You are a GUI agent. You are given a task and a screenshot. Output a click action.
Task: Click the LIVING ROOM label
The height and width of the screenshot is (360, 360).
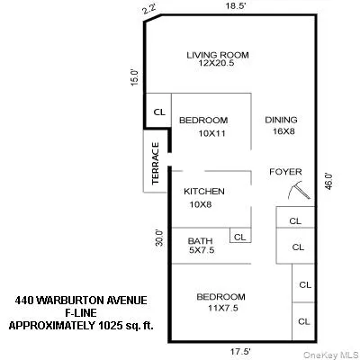[x=217, y=55]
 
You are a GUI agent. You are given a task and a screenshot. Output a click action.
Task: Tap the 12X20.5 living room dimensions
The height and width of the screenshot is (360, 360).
[x=217, y=66]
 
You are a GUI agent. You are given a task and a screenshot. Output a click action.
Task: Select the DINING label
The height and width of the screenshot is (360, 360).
[x=280, y=120]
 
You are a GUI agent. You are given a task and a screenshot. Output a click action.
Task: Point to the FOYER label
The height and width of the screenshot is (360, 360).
[x=285, y=172]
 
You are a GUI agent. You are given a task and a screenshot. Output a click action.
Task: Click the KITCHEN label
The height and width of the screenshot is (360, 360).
[x=204, y=192]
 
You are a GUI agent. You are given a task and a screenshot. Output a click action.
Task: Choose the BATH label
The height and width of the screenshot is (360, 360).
[x=200, y=241]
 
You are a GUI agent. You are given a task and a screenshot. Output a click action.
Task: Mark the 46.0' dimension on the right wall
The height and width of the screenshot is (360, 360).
[x=328, y=181]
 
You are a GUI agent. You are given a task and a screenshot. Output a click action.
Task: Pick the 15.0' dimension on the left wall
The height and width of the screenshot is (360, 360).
[x=134, y=77]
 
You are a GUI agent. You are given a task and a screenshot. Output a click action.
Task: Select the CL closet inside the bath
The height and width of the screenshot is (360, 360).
[x=240, y=237]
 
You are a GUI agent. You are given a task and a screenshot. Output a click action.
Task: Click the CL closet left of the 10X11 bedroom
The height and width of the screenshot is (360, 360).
[x=159, y=112]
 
